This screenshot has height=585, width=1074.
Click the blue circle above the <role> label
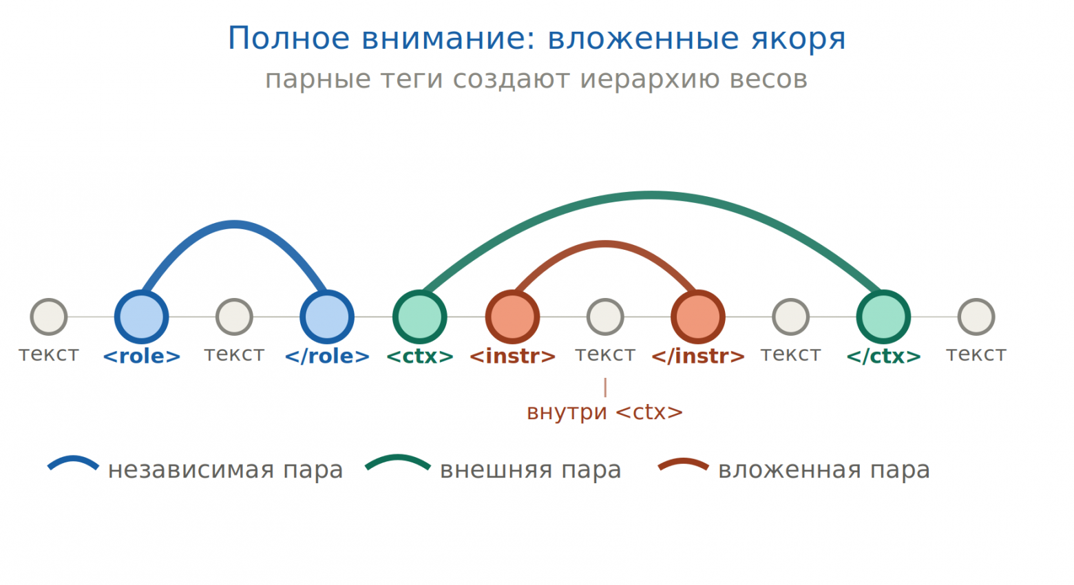pos(141,317)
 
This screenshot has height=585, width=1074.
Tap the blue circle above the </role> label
pos(327,317)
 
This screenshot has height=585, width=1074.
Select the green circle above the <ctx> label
pos(419,317)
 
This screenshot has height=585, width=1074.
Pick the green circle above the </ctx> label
pos(883,317)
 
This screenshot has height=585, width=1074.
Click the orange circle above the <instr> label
pos(512,317)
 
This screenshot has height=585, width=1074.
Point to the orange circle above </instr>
pos(698,317)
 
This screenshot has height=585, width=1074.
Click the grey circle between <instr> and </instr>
pos(605,317)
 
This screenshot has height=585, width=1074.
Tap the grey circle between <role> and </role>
pos(234,317)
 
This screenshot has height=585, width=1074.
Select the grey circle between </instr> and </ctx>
pos(790,317)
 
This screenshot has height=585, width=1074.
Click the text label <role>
pos(141,356)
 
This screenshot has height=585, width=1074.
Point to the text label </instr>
pos(698,356)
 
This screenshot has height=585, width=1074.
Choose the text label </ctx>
pos(883,356)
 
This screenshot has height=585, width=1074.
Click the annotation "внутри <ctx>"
pos(604,412)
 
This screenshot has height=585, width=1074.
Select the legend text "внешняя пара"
pos(530,470)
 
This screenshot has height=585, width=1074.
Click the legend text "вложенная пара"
pos(823,470)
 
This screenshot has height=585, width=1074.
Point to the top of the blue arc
pos(234,224)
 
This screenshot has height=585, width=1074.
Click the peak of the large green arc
pos(651,195)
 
